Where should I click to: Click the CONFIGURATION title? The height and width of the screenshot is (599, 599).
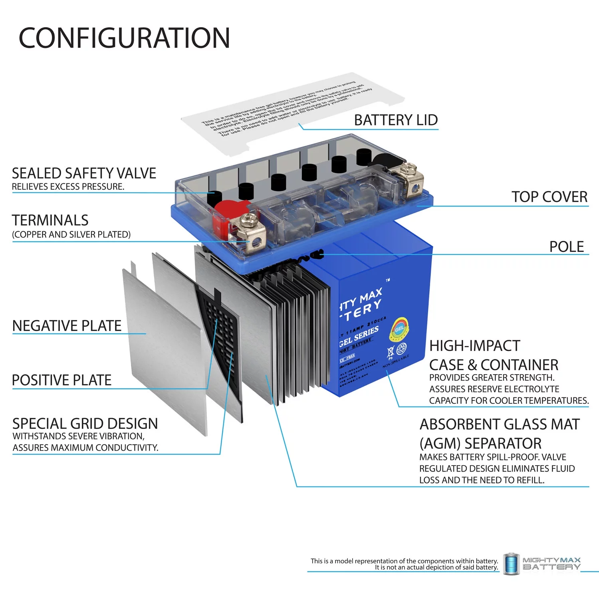coord(124,38)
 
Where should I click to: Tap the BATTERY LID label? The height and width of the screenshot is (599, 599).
coord(396,120)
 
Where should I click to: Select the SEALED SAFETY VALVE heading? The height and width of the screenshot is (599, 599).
coord(84,173)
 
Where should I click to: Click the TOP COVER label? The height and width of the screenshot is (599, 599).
coord(549,197)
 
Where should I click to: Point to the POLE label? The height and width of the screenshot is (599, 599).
coord(566,247)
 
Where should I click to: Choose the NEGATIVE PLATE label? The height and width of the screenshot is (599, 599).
coord(67,326)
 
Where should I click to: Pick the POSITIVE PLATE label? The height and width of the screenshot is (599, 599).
coord(61,380)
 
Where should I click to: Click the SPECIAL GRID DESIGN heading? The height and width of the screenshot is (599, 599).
coord(85,423)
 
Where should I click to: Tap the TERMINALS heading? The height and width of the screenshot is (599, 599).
coord(50,220)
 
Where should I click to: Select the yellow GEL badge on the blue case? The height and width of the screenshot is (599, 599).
coord(399,329)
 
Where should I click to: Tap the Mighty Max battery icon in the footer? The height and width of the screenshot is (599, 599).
coord(511,564)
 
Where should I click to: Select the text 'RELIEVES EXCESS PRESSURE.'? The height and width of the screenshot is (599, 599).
coord(68,186)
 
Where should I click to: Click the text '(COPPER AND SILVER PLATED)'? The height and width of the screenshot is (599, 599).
coord(71,234)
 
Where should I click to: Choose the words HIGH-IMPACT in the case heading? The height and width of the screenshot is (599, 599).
coord(474,345)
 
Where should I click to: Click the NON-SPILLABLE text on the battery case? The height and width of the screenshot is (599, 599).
coord(396,361)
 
